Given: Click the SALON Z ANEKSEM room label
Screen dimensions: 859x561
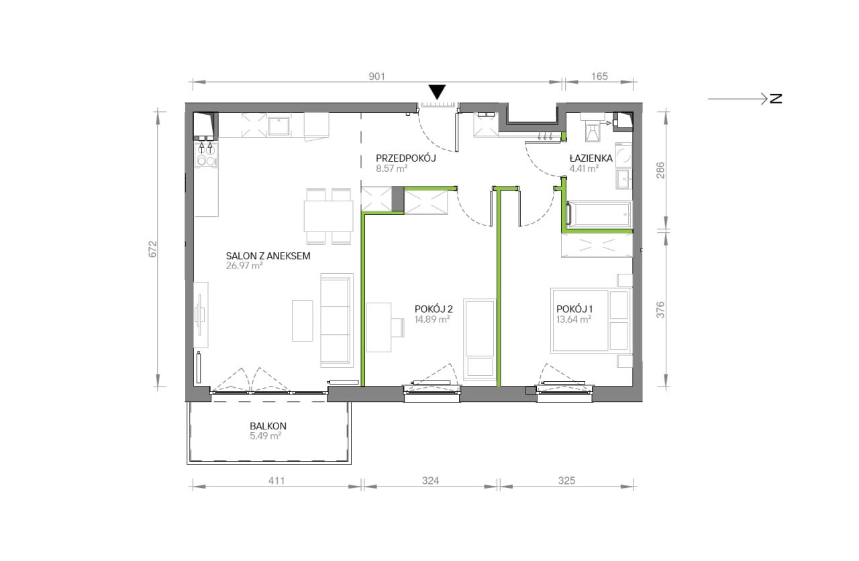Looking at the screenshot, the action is pos(268,256).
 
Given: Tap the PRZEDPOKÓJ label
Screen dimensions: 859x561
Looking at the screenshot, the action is pos(406,158).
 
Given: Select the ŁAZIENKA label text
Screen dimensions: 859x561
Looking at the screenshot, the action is pos(591,158).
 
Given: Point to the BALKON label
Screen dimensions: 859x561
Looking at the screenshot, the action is pos(268,426).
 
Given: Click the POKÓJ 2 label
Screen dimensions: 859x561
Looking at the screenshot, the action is pos(434,309).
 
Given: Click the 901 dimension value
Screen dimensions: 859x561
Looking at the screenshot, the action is pos(376,76).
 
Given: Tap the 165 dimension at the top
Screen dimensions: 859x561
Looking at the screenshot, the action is pos(599,76).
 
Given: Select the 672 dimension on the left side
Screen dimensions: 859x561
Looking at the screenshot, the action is pos(152,249).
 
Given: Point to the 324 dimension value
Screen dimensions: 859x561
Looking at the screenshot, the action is pos(430,480).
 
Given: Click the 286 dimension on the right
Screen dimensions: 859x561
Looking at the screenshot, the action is pos(660,170).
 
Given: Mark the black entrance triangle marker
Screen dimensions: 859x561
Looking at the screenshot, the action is pos(437,93).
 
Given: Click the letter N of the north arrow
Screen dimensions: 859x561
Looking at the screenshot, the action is pos(776,99).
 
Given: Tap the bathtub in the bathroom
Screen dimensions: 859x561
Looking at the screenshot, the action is pos(599,214).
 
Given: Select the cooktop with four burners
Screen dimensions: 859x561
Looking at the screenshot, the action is pos(206,154).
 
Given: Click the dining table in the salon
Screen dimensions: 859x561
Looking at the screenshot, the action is pos(329,216).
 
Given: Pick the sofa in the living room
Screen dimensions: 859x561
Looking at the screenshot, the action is pos(336,320).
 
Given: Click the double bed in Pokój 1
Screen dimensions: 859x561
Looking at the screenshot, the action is pos(591,321).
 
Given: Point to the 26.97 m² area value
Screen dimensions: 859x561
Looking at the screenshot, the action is pos(244,266).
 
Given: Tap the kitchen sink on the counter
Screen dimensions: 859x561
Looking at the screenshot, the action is pos(279,126).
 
